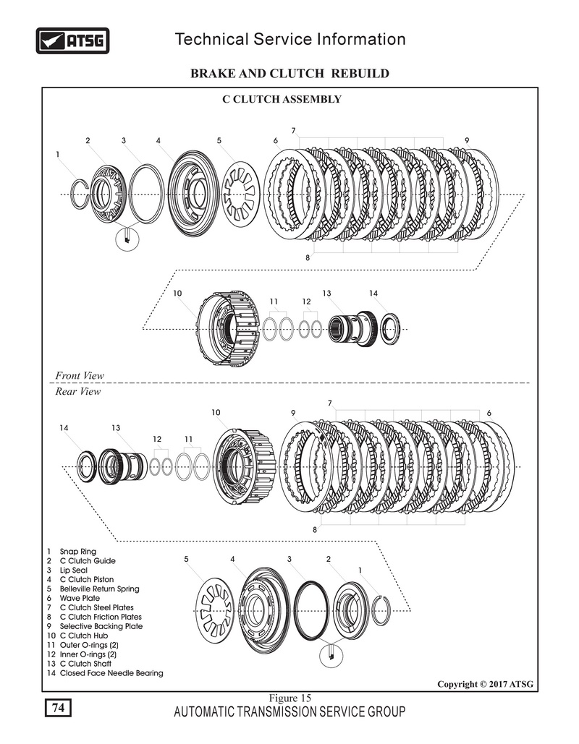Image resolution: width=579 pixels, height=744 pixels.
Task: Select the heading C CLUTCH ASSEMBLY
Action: [x=281, y=99]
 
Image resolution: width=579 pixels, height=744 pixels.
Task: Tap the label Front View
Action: [x=80, y=375]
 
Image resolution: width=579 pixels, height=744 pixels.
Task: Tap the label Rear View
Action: [x=78, y=392]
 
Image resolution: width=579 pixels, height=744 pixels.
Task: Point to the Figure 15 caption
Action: [x=289, y=698]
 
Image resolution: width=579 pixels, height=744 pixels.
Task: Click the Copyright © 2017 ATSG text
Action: [x=486, y=684]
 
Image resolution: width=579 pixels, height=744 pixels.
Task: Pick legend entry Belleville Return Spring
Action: [x=99, y=589]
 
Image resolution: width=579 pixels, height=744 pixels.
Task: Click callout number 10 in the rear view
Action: [x=216, y=412]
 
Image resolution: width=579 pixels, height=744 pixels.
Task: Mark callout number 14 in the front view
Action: [x=373, y=294]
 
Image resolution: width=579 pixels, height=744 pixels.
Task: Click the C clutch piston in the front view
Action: [x=193, y=192]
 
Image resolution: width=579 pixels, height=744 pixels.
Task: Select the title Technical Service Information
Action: [x=290, y=39]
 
